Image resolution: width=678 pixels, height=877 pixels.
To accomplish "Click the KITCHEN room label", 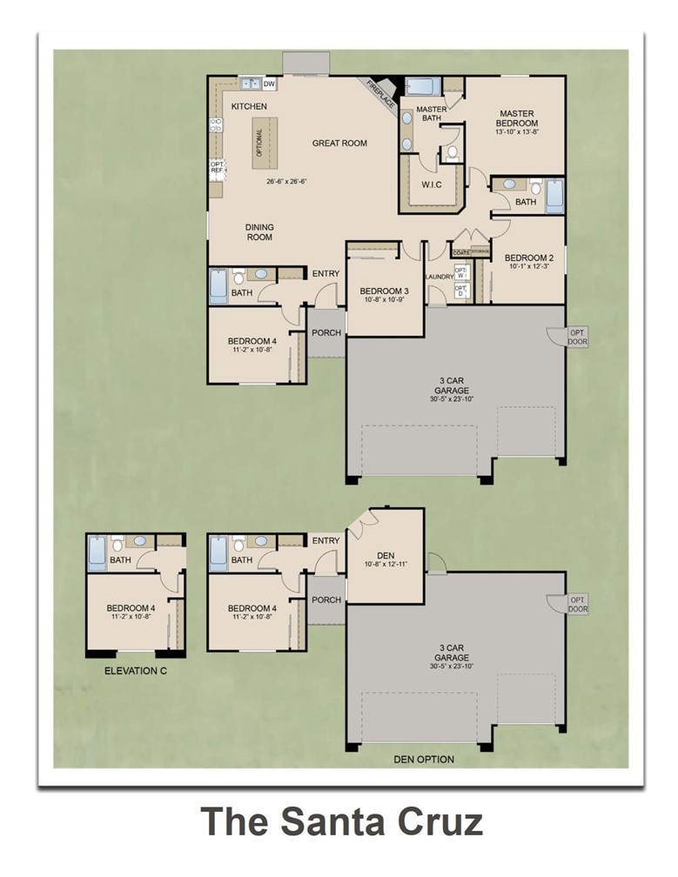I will click(249, 106).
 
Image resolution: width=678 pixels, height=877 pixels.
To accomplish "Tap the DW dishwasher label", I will click(270, 84).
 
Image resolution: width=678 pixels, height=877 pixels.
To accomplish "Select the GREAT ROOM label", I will click(339, 144).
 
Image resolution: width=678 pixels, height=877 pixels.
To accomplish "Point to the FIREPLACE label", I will click(381, 97).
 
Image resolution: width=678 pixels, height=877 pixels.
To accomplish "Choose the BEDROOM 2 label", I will click(528, 258).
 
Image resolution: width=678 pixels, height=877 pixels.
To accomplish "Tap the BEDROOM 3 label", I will click(384, 291).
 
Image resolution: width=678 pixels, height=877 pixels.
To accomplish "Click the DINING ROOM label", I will click(259, 232).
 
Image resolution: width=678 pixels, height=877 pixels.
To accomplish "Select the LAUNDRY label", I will click(439, 277).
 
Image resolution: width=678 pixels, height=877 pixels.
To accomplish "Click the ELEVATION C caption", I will click(135, 671).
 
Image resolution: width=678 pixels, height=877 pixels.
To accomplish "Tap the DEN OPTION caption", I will click(424, 760).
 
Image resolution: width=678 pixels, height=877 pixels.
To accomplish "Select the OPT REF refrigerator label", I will click(217, 167).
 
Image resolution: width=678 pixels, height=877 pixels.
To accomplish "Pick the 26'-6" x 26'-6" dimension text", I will click(287, 182).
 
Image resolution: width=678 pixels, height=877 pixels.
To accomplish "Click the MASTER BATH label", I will click(431, 114).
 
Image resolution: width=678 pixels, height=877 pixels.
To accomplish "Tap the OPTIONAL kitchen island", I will click(258, 142).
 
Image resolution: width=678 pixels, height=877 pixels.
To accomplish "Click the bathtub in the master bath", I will click(423, 86).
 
